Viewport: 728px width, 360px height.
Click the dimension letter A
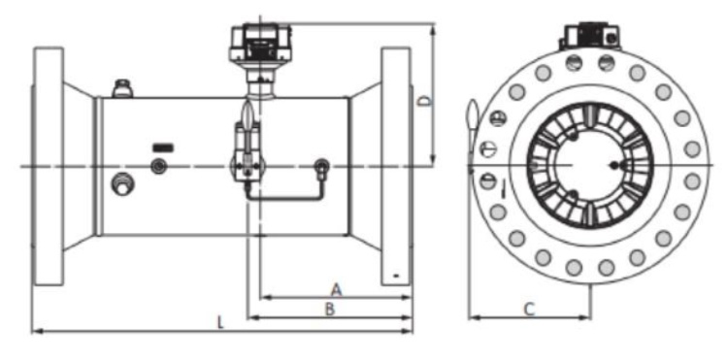pos(336,288)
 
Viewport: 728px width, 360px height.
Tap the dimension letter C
pos(529,309)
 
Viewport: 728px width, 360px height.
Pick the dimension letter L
pos(221,321)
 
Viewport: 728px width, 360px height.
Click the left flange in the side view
pos(49,165)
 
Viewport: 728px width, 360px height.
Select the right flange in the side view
pos(396,165)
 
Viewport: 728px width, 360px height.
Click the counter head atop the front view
pos(590,37)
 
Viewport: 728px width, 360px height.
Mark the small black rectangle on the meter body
pos(163,147)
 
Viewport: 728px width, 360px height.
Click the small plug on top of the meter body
pos(123,90)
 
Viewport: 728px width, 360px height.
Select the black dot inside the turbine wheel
pos(614,166)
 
